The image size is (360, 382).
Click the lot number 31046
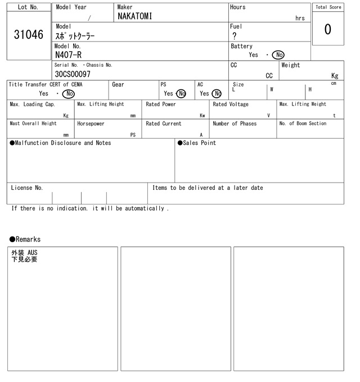tap(28, 34)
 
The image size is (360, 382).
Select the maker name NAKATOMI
tap(135, 17)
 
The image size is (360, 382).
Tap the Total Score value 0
tap(327, 29)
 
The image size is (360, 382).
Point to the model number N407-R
tap(68, 54)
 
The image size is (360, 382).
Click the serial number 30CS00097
tap(73, 74)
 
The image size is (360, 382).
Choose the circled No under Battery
tap(278, 55)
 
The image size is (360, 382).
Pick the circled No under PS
tap(181, 94)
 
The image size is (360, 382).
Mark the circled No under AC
tap(217, 94)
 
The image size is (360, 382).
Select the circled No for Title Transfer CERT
tap(69, 94)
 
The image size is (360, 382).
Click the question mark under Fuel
tap(234, 36)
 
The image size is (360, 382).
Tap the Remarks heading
tap(25, 239)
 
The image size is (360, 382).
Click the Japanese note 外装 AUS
tap(24, 253)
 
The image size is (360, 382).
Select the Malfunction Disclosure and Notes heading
tap(60, 143)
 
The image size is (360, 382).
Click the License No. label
tap(26, 188)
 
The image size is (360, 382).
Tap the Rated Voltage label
tap(231, 104)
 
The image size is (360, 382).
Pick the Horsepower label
tap(91, 124)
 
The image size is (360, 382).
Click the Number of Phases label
tap(235, 124)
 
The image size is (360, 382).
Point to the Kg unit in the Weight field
tap(335, 75)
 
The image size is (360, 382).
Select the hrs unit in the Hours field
tap(300, 18)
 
